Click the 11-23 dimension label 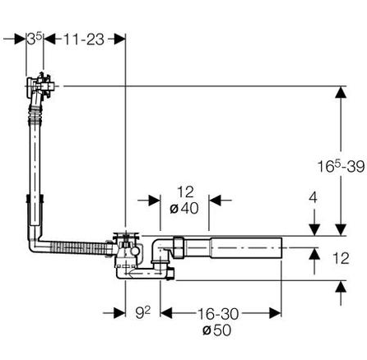click(x=84, y=39)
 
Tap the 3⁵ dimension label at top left click(x=35, y=39)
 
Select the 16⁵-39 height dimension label click(x=341, y=166)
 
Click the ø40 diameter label click(x=184, y=209)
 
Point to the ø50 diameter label click(x=217, y=330)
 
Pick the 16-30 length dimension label click(x=218, y=314)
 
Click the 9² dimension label click(x=143, y=312)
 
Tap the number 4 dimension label click(x=313, y=197)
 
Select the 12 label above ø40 click(x=185, y=192)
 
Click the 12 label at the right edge click(x=341, y=258)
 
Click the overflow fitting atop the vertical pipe click(x=41, y=86)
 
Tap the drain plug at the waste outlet click(x=126, y=235)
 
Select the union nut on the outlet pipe click(x=179, y=247)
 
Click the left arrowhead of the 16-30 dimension click(x=166, y=313)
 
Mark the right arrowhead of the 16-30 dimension click(x=276, y=313)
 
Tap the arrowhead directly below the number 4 click(x=314, y=229)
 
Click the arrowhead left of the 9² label click(x=119, y=313)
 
